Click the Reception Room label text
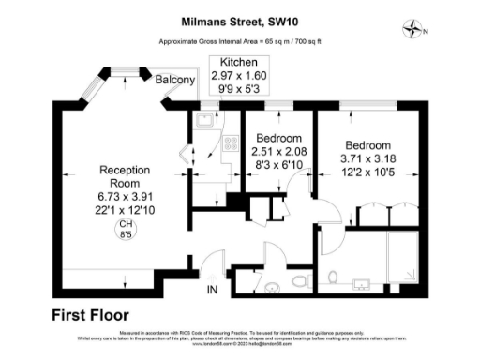click(125, 176)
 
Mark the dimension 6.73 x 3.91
click(125, 198)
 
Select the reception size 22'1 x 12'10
click(125, 211)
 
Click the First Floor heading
click(91, 315)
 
